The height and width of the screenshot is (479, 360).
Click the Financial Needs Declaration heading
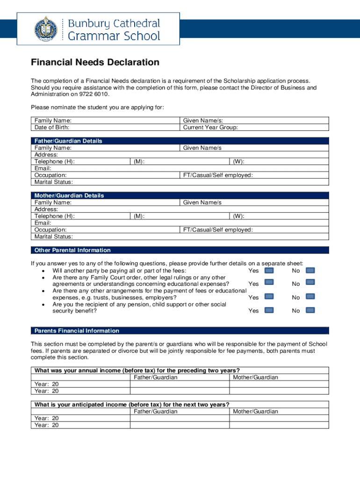coord(95,62)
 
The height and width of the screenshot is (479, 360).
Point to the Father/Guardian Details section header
coord(68,141)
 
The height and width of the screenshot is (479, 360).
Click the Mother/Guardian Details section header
coord(69,196)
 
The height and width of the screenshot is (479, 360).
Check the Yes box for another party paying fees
coord(269,270)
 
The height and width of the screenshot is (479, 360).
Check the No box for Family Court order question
coord(310,283)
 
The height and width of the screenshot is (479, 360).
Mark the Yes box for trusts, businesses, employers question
coord(269,297)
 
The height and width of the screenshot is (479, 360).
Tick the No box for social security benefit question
coord(310,310)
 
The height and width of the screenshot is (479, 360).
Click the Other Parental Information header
coord(72,250)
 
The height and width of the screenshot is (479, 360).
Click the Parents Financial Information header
coord(77,331)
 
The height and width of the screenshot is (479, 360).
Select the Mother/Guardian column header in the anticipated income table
coord(255,412)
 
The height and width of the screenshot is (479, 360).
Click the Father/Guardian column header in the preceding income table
coord(156,377)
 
